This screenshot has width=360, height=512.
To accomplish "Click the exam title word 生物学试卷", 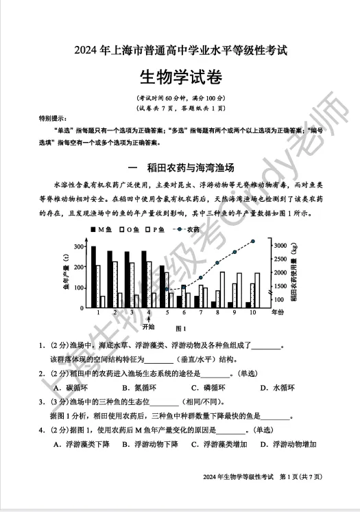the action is (180, 75).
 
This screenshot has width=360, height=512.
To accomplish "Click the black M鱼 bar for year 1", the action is (94, 276).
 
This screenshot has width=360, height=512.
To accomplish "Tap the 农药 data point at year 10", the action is (253, 242).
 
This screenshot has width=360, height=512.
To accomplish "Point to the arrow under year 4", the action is (149, 318).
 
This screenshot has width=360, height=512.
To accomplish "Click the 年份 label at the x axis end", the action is (277, 312).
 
